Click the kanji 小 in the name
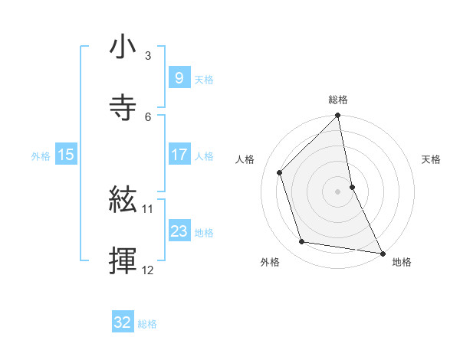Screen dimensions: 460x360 [x=123, y=47]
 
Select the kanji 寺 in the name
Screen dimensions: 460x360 [x=123, y=107]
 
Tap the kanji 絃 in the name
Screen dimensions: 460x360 [x=123, y=201]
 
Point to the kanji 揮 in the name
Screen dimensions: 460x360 [x=123, y=260]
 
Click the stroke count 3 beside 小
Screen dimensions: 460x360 [x=148, y=56]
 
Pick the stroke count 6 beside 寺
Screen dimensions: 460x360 [x=148, y=116]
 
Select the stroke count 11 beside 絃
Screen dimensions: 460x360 [x=148, y=208]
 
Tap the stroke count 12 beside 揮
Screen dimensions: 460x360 [x=148, y=270]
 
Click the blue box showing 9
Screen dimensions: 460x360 [x=179, y=77]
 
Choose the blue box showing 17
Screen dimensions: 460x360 [x=179, y=155]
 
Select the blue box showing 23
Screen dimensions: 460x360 [x=179, y=231]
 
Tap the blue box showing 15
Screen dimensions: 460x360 [x=66, y=155]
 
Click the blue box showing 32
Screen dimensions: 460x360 [x=123, y=322]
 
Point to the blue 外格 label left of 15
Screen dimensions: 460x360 [x=41, y=156]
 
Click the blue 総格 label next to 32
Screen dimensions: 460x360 [x=148, y=324]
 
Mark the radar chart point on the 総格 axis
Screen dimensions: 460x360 [x=337, y=116]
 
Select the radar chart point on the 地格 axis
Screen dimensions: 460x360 [x=382, y=252]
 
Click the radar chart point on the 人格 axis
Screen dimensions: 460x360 [x=280, y=172]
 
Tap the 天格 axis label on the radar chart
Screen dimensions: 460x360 [x=431, y=159]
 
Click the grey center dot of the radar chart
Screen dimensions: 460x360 [x=337, y=191]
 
